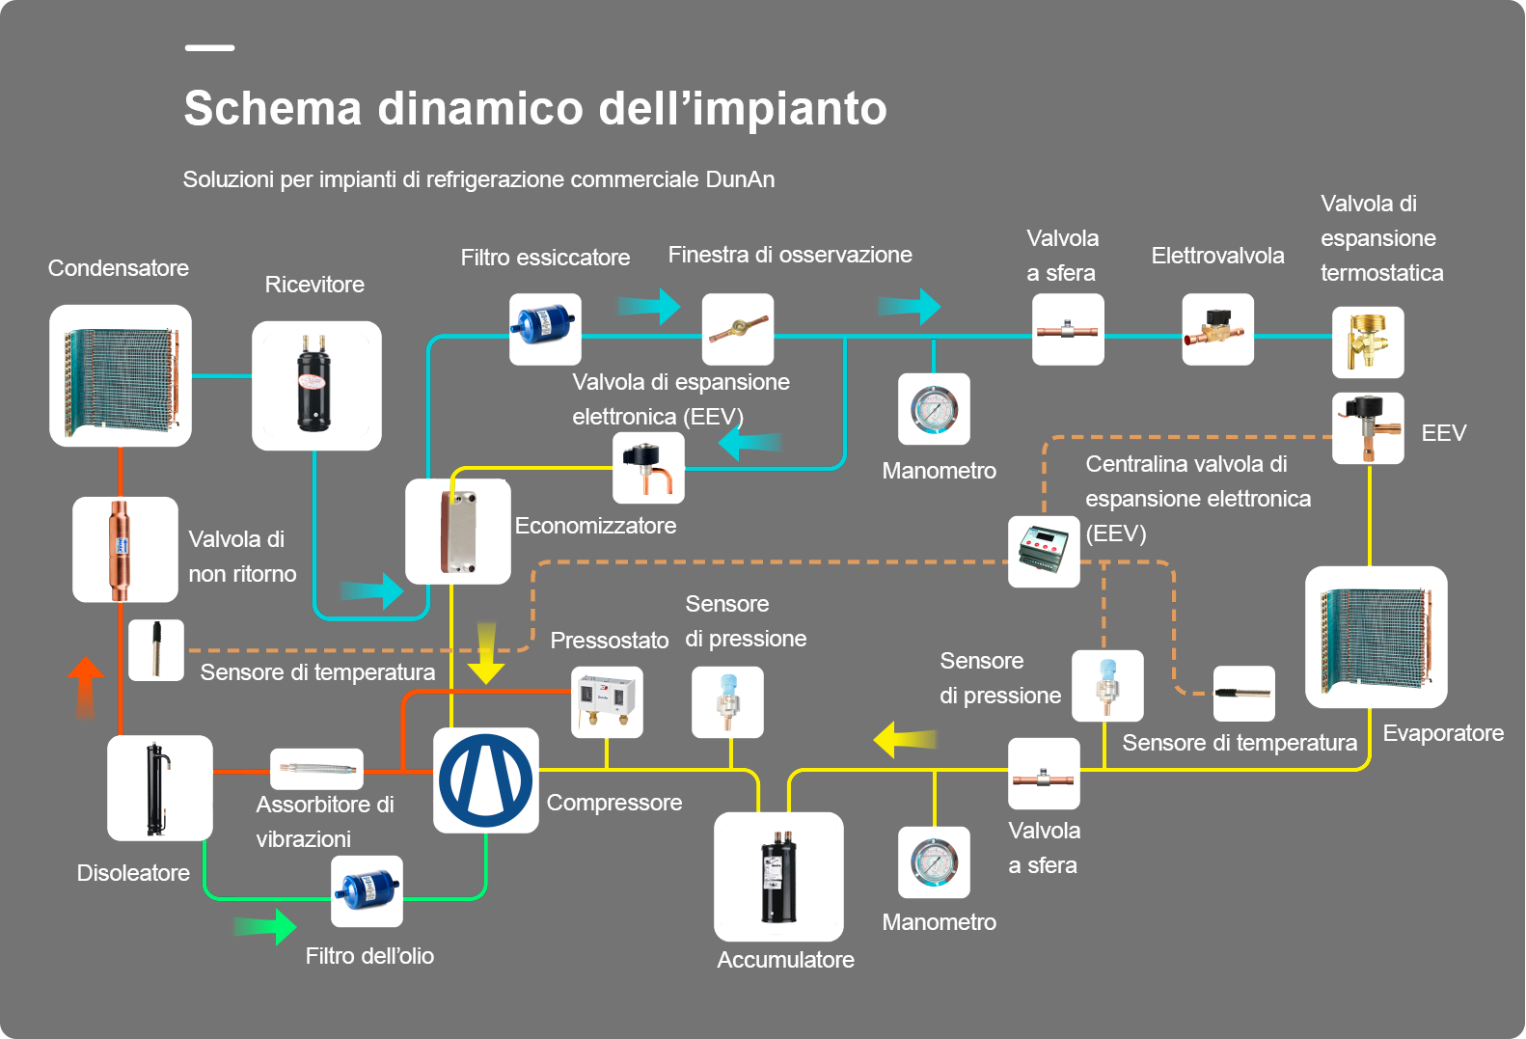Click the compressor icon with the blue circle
[x=486, y=780]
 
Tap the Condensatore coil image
[x=121, y=375]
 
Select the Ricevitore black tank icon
[x=316, y=386]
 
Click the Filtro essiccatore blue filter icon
[x=545, y=329]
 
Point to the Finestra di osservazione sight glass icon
[x=738, y=329]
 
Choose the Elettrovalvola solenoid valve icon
[x=1218, y=329]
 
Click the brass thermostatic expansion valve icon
[x=1368, y=342]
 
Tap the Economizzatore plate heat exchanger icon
[x=458, y=532]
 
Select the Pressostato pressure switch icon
[x=607, y=702]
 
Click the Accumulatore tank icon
[x=778, y=877]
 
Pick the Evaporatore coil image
[x=1376, y=637]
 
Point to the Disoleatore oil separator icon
[x=160, y=788]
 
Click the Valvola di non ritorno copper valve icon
[x=125, y=549]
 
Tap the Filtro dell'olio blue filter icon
[x=367, y=891]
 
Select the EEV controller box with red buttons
[x=1044, y=552]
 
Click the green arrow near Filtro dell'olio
[x=264, y=926]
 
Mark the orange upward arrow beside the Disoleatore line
[x=86, y=687]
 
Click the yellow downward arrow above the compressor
[x=486, y=653]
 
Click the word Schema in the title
[x=272, y=108]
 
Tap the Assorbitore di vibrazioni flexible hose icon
[x=316, y=770]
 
